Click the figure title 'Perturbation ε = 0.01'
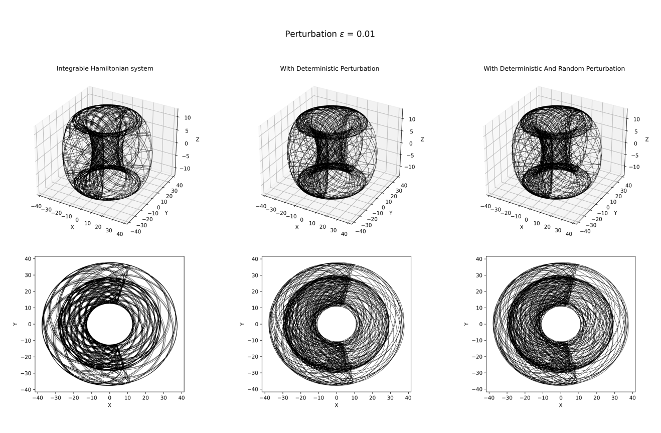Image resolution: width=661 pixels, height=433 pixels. coord(330,34)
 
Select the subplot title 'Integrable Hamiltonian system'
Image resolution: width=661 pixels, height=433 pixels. coord(105,68)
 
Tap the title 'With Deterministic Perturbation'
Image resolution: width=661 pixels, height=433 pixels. coord(329,68)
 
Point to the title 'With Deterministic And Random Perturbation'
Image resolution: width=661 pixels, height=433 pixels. coord(554,68)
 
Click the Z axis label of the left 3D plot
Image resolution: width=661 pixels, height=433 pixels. coord(198,139)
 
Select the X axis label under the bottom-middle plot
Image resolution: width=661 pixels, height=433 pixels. coord(337,405)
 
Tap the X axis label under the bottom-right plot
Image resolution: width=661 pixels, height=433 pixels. coord(561,405)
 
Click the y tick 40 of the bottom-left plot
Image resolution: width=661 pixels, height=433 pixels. coord(29,259)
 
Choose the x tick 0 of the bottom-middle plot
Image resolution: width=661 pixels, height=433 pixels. coord(337,397)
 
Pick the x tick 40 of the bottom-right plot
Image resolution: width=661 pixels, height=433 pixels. coord(632,397)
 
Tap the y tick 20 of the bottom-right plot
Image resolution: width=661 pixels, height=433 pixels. coord(478,292)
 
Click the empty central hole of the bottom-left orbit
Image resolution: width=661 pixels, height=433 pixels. coord(110,324)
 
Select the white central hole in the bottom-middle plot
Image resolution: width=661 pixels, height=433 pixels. coord(337,324)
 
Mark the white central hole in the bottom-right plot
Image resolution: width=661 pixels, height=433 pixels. coord(561,324)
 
